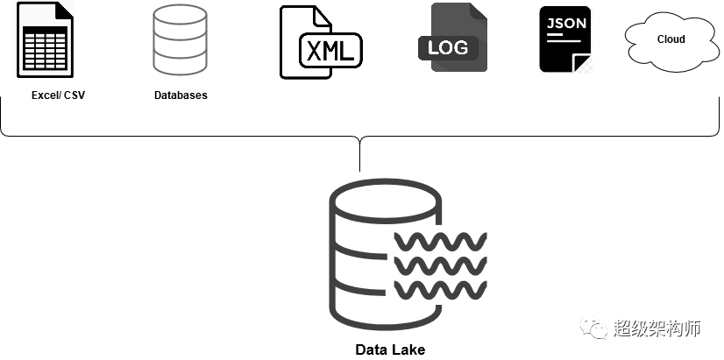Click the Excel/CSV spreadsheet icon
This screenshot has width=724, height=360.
tap(45, 40)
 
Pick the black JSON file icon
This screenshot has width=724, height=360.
tap(565, 39)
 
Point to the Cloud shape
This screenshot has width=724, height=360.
tap(671, 40)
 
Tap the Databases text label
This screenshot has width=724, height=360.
tap(181, 95)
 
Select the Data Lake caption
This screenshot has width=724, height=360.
tap(390, 349)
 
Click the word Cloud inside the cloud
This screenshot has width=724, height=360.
tap(671, 39)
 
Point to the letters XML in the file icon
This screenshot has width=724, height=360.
tap(330, 50)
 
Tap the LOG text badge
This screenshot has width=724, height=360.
tap(448, 47)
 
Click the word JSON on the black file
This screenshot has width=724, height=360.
tap(565, 23)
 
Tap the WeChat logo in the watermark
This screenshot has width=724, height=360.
tap(597, 328)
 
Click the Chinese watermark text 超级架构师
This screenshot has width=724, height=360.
tap(657, 328)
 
